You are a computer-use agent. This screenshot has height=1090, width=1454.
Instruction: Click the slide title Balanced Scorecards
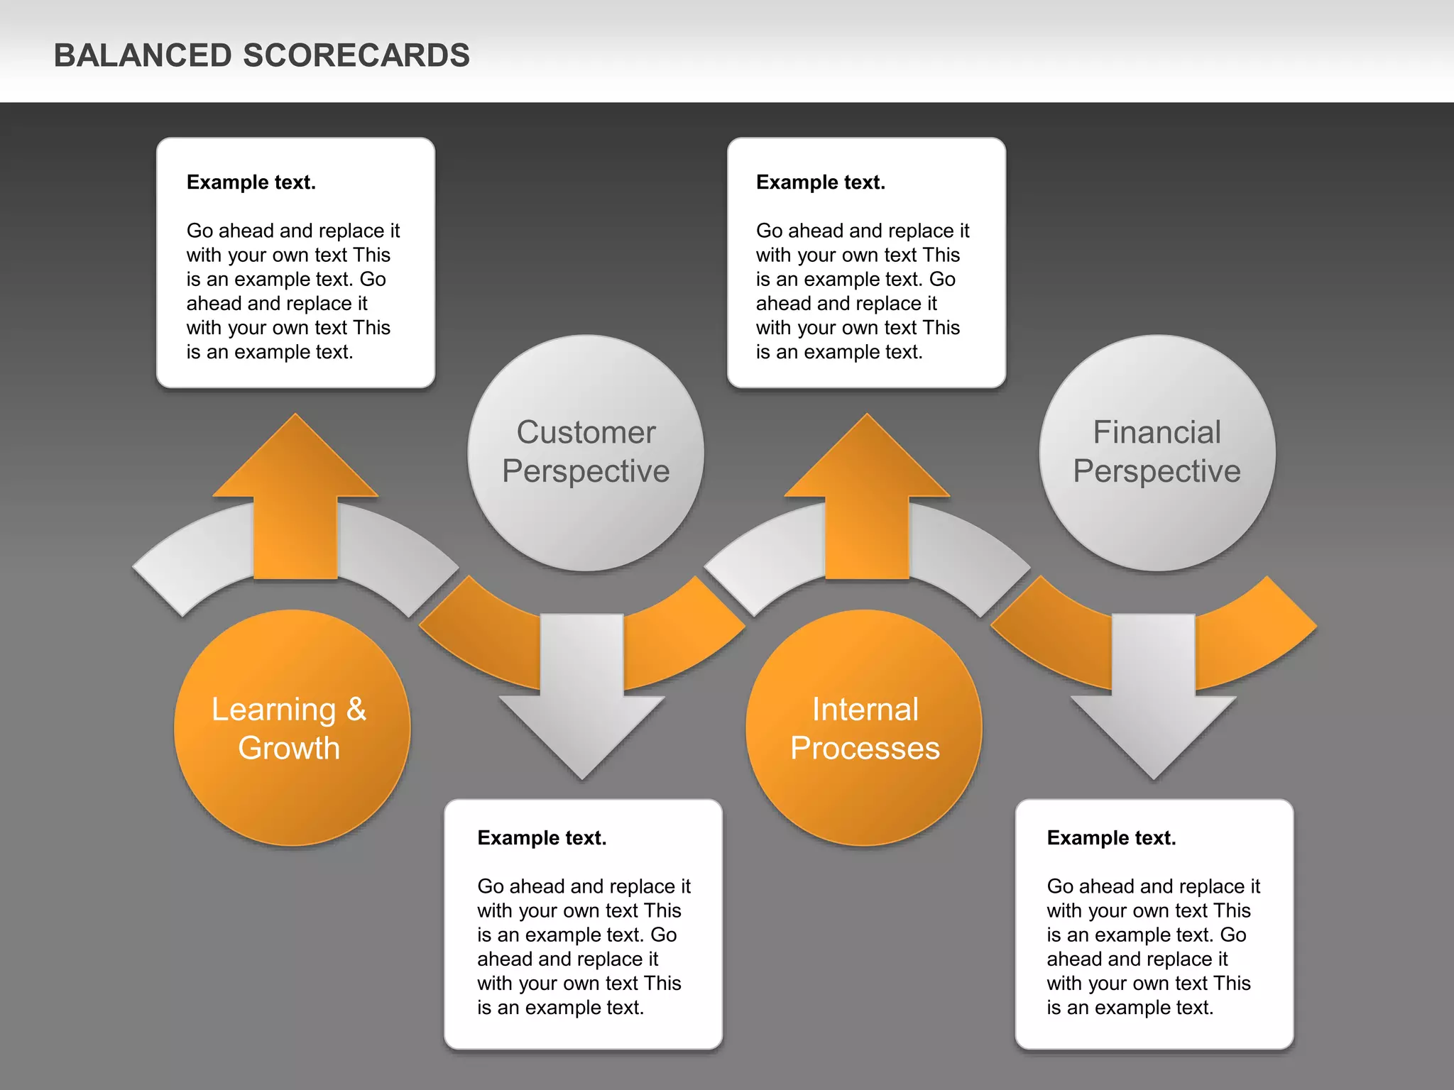(x=261, y=55)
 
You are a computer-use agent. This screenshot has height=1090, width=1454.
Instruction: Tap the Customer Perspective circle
(x=586, y=511)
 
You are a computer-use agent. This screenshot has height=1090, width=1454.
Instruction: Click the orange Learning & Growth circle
(x=292, y=788)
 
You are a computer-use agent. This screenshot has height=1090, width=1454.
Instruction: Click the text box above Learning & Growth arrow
(x=295, y=263)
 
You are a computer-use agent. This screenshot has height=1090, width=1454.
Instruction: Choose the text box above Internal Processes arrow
(x=866, y=263)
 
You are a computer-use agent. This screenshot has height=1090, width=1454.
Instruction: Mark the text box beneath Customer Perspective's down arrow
(x=583, y=923)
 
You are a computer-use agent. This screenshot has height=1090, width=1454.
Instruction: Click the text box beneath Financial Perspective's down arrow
(x=1154, y=923)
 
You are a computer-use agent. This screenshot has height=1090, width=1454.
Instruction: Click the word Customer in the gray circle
(x=586, y=432)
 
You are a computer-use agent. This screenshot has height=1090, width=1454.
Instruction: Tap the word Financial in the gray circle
(x=1157, y=432)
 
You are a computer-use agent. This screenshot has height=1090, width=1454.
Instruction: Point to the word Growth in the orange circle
(x=289, y=748)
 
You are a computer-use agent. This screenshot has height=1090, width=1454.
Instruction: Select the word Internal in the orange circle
(x=865, y=709)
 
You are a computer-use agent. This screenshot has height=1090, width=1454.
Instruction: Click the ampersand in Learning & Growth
(x=356, y=709)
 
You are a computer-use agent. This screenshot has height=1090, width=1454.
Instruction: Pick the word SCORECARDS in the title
(x=356, y=55)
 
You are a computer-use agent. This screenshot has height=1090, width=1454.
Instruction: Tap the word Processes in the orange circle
(x=865, y=748)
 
